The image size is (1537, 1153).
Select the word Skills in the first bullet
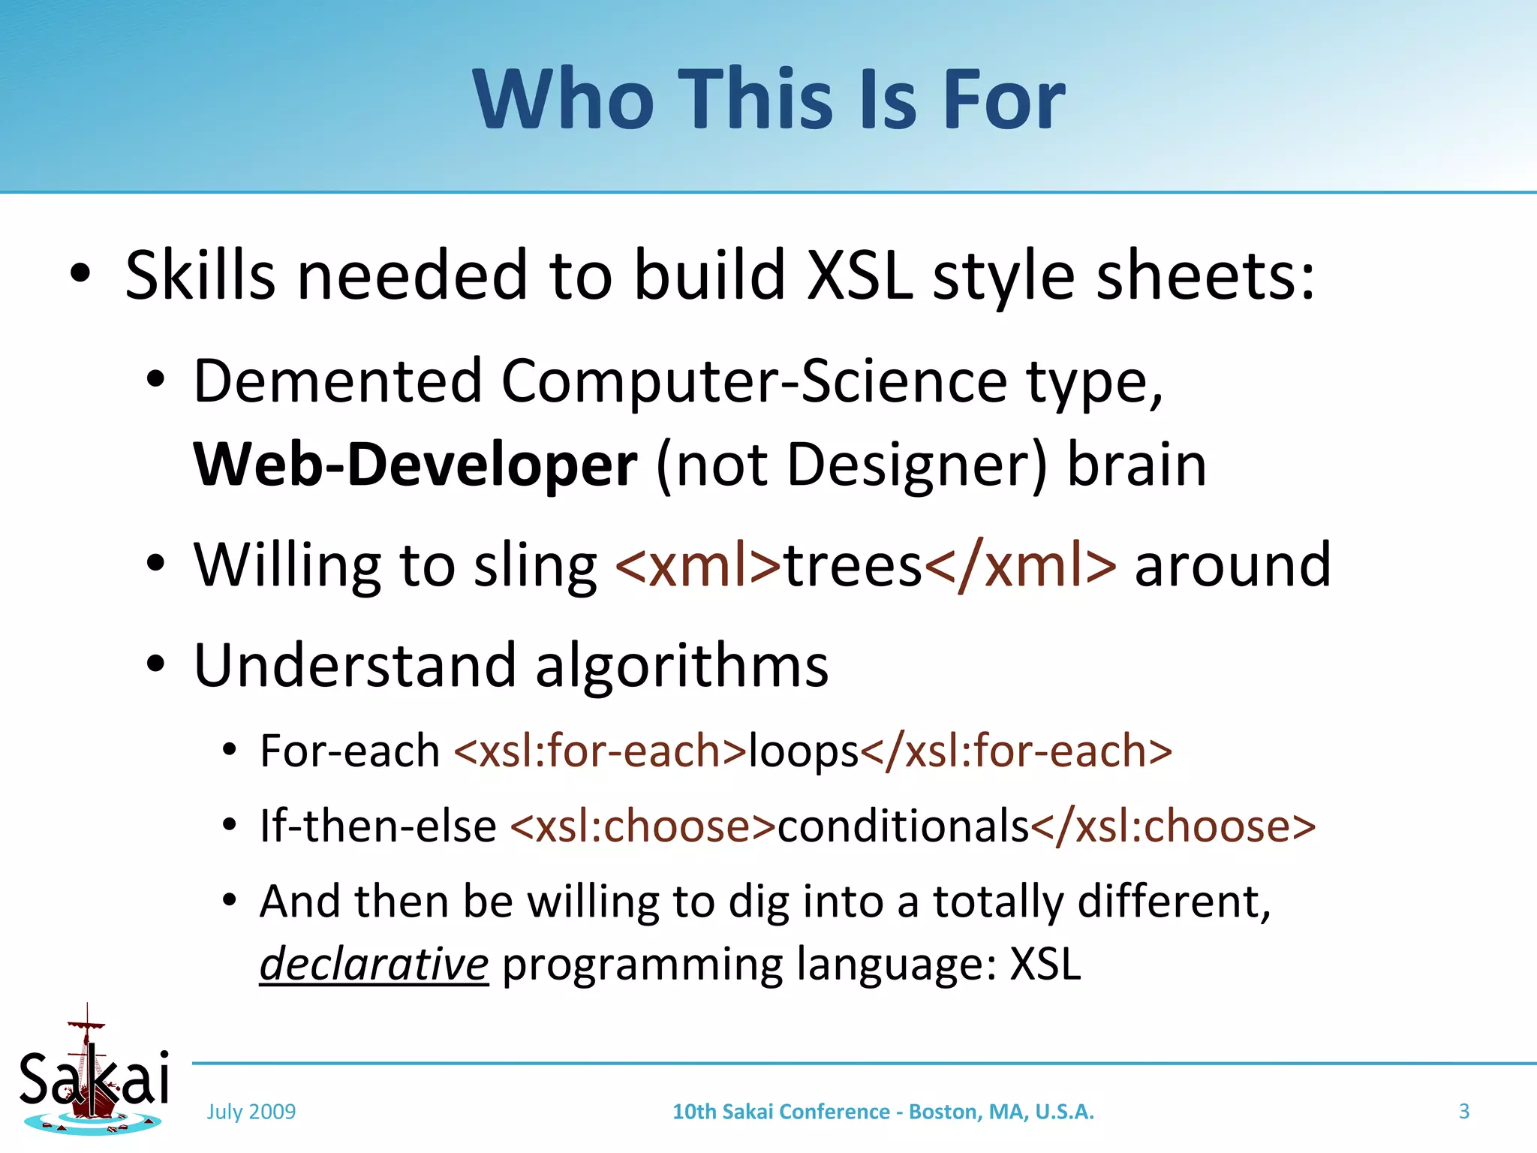tap(200, 275)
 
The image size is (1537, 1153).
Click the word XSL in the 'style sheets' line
tap(860, 275)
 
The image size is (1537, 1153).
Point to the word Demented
tap(337, 381)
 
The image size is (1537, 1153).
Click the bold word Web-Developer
tap(415, 465)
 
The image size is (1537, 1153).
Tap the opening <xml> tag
tap(698, 565)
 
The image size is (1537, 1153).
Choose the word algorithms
tap(681, 666)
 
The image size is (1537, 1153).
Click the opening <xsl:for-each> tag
tap(600, 751)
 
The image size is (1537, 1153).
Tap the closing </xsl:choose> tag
tap(1173, 826)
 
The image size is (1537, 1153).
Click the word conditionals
tap(903, 826)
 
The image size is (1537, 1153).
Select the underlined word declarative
tap(374, 965)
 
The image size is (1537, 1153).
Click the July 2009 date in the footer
tap(251, 1112)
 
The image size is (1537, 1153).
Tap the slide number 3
tap(1463, 1112)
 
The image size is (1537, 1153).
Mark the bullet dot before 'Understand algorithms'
tap(155, 664)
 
